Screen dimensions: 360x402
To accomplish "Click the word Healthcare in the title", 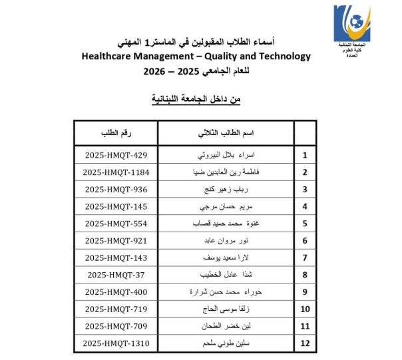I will coord(110,57).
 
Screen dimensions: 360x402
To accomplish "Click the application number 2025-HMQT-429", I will coord(116,156).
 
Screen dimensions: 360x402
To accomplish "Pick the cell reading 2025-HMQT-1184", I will coord(116,172).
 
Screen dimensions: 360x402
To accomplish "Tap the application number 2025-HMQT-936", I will coord(116,190).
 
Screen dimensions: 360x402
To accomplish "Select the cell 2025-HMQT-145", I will coord(116,206).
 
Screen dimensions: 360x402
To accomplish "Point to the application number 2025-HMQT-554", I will coord(116,224).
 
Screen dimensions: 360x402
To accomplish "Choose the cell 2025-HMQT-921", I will coord(116,240).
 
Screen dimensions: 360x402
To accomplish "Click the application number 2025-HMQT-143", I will coord(116,258).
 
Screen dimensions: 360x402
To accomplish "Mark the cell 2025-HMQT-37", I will coord(116,274).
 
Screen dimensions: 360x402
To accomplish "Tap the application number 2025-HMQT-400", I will coord(116,291).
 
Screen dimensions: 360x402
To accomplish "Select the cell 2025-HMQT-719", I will coord(116,309).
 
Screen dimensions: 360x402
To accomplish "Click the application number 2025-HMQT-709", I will coord(116,325).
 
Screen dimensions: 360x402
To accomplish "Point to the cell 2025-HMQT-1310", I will coord(116,343).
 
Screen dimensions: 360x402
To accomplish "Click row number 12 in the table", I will coord(305,343).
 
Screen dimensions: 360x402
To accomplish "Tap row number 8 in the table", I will coord(305,274).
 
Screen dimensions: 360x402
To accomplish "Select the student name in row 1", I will coord(226,156).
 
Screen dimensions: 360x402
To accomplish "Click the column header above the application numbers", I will coord(116,133).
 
